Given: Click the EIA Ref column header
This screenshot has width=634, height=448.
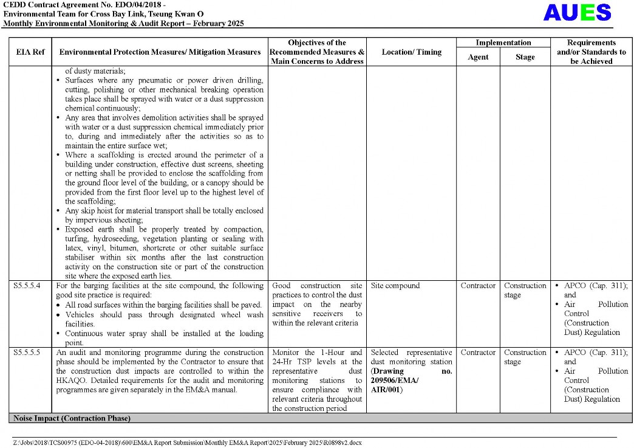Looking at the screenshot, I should (30, 52).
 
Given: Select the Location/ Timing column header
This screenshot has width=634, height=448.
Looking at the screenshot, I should (411, 52).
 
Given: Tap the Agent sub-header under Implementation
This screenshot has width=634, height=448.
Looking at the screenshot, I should (478, 57).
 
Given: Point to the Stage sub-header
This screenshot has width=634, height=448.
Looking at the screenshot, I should (525, 57).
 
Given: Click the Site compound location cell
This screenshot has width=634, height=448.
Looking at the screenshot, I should (395, 286).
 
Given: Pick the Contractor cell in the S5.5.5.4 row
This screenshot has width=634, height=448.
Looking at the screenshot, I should (478, 286).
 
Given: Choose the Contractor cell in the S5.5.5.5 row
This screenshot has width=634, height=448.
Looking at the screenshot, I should (478, 353).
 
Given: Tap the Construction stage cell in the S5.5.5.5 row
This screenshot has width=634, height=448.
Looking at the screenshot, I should (525, 357).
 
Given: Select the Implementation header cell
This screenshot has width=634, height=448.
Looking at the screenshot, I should (503, 43).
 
